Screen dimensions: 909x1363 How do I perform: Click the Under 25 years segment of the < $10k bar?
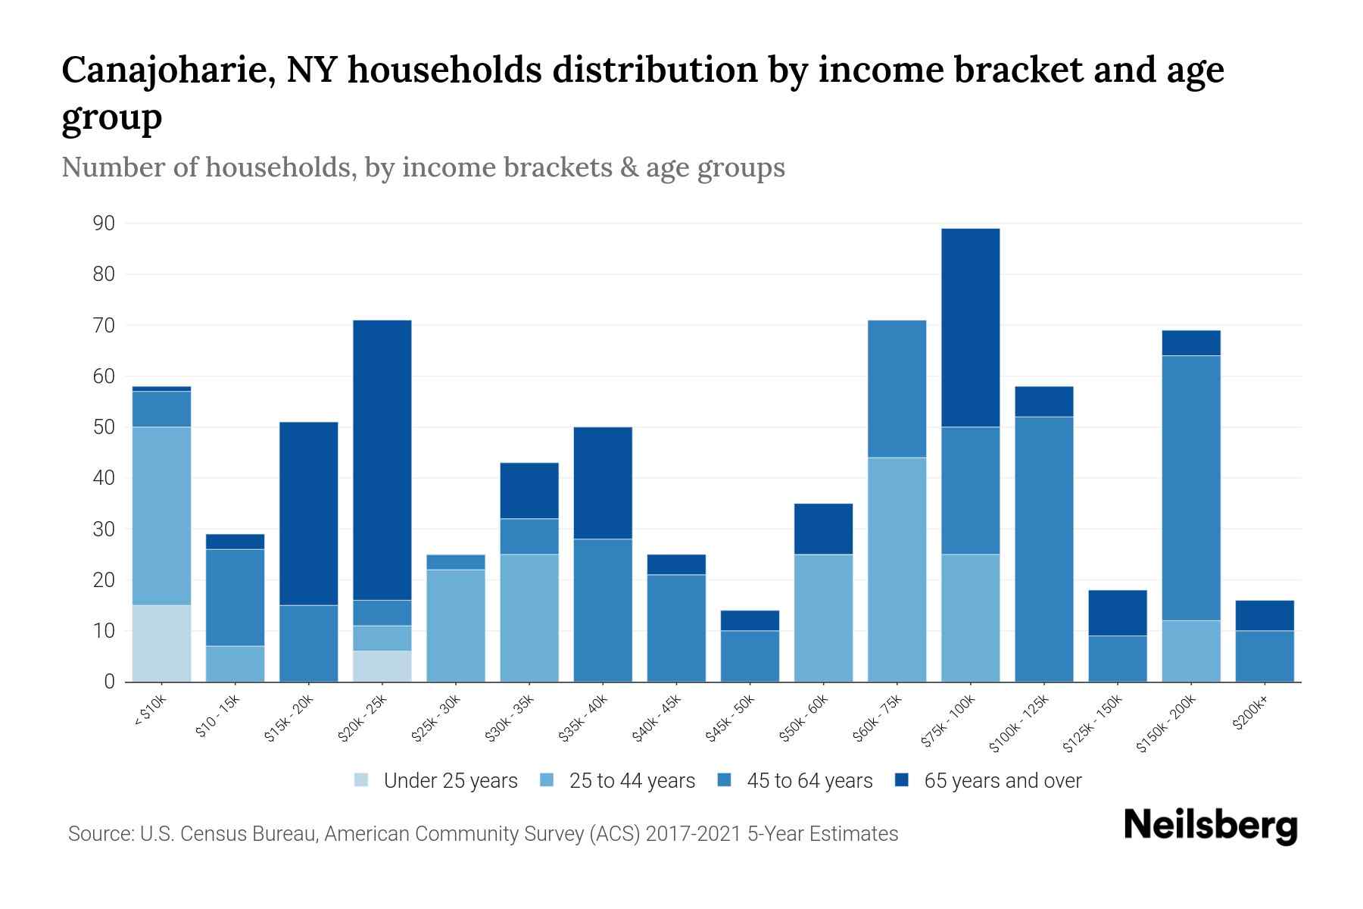[161, 643]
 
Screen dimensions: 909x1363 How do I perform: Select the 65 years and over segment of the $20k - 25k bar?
[382, 460]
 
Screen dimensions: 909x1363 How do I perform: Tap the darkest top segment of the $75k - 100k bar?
[970, 327]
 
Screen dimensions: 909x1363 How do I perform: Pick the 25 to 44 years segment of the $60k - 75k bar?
[897, 569]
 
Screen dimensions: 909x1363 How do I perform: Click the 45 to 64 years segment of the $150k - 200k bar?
[1191, 488]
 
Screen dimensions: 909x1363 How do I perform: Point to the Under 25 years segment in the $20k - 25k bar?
[382, 666]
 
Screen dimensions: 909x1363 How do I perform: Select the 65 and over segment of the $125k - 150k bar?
[1118, 612]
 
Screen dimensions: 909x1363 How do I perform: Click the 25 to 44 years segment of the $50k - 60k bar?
[823, 617]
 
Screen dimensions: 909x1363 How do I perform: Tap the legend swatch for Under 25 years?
[362, 779]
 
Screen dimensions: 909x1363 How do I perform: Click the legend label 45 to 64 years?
[809, 781]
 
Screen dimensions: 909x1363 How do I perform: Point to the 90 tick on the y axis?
[104, 223]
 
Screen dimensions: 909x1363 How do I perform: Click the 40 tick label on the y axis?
[104, 478]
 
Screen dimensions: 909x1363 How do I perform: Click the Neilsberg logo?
[1210, 826]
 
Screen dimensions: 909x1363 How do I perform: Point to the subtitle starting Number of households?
[423, 167]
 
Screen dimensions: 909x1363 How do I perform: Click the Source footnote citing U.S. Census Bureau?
[482, 834]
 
